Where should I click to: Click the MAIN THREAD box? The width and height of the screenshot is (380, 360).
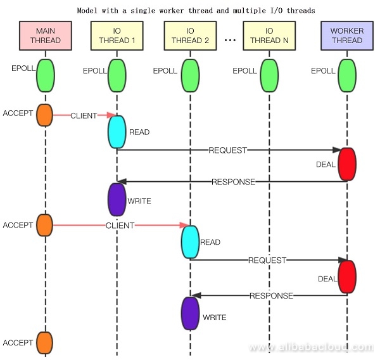46,36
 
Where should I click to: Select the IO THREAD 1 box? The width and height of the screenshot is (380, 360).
117,36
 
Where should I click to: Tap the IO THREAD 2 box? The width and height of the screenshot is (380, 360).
190,36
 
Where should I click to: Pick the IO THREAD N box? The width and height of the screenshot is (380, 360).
269,36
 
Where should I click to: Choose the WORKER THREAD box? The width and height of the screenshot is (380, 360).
346,36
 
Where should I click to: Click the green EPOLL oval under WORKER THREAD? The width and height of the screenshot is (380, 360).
347,76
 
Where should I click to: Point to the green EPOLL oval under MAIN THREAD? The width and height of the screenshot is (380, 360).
46,76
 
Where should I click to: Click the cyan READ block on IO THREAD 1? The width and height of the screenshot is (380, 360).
117,132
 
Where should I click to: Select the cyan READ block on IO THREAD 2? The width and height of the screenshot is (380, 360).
190,241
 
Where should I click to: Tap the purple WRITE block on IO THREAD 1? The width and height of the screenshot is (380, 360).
117,199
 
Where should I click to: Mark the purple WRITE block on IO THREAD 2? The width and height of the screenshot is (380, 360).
190,313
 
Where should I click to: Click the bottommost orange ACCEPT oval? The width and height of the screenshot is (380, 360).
44,342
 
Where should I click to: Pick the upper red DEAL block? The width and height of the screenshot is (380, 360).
347,164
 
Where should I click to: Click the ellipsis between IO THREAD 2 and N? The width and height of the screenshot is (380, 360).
230,39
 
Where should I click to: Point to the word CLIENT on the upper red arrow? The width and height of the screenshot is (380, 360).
84,116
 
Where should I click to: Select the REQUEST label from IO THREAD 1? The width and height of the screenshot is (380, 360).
227,150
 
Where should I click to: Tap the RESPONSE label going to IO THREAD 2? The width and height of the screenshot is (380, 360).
271,295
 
